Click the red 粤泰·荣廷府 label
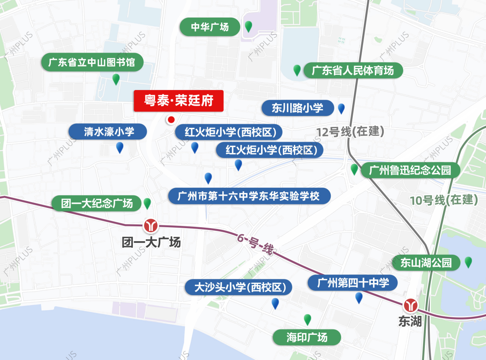coord(178,101)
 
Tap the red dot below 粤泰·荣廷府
coord(171,120)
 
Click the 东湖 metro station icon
coord(410,306)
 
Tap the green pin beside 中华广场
coord(248,27)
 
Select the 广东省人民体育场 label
coord(353,71)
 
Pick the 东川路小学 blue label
coord(297,108)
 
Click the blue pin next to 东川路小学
coord(341,108)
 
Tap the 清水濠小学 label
coord(108,132)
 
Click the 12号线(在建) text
coord(350,132)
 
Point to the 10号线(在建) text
coord(444,200)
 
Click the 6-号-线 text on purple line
coord(256,245)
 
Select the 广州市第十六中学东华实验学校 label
coord(249,196)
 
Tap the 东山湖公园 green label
coord(426,263)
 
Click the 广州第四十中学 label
coord(353,283)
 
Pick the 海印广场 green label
coord(307,337)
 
